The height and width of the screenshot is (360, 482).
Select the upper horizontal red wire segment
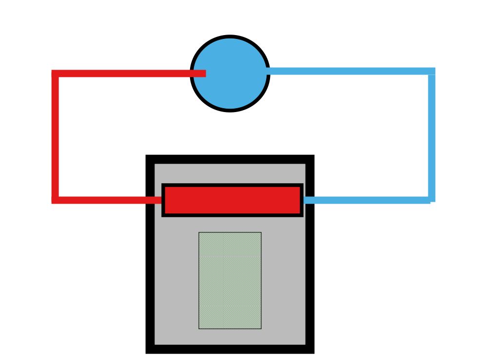pyautogui.click(x=122, y=74)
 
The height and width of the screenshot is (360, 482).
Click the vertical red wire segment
pyautogui.click(x=55, y=136)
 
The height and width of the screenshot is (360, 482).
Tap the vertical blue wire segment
pyautogui.click(x=432, y=136)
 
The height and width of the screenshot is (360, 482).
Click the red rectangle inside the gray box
pyautogui.click(x=232, y=200)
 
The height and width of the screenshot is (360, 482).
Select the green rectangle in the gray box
pyautogui.click(x=230, y=280)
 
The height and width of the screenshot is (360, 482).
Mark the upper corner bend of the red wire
pyautogui.click(x=55, y=74)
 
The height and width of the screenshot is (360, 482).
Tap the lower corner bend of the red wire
pyautogui.click(x=55, y=200)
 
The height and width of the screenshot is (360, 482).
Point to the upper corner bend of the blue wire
pyautogui.click(x=432, y=71)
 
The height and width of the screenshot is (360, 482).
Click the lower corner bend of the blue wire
pyautogui.click(x=431, y=200)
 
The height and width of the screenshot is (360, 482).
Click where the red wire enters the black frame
pyautogui.click(x=150, y=200)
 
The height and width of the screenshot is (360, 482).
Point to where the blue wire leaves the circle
pyautogui.click(x=269, y=71)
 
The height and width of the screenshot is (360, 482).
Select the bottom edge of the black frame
pyautogui.click(x=230, y=349)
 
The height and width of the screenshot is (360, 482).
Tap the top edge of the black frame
pyautogui.click(x=230, y=159)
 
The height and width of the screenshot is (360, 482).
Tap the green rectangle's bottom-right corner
pyautogui.click(x=261, y=328)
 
